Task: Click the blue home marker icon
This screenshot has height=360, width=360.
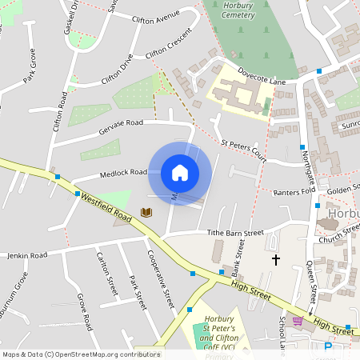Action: [180, 173]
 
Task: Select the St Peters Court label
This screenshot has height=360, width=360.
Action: [244, 147]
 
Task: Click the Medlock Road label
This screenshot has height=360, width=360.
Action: [123, 173]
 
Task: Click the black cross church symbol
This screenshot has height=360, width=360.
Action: [277, 260]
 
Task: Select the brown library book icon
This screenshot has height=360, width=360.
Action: [146, 212]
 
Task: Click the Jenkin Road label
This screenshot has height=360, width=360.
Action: [27, 255]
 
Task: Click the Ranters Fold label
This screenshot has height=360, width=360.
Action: [297, 193]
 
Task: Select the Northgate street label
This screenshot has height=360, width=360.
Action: [306, 170]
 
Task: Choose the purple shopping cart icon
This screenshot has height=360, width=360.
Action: [298, 322]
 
